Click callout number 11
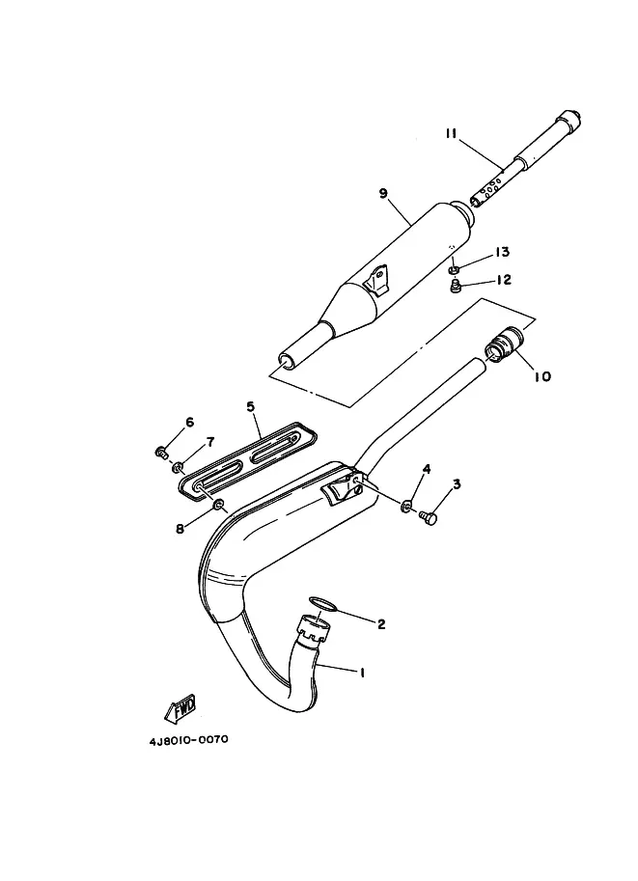tap(451, 134)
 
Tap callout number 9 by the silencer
tap(383, 193)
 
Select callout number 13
tap(502, 252)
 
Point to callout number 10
tap(542, 376)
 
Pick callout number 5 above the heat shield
tap(251, 406)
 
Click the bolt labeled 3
tap(429, 517)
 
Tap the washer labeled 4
tap(406, 507)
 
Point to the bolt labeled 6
tap(161, 452)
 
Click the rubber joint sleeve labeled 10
tap(504, 343)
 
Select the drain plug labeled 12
tap(456, 288)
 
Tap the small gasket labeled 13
tap(454, 271)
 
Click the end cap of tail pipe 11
tap(569, 122)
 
